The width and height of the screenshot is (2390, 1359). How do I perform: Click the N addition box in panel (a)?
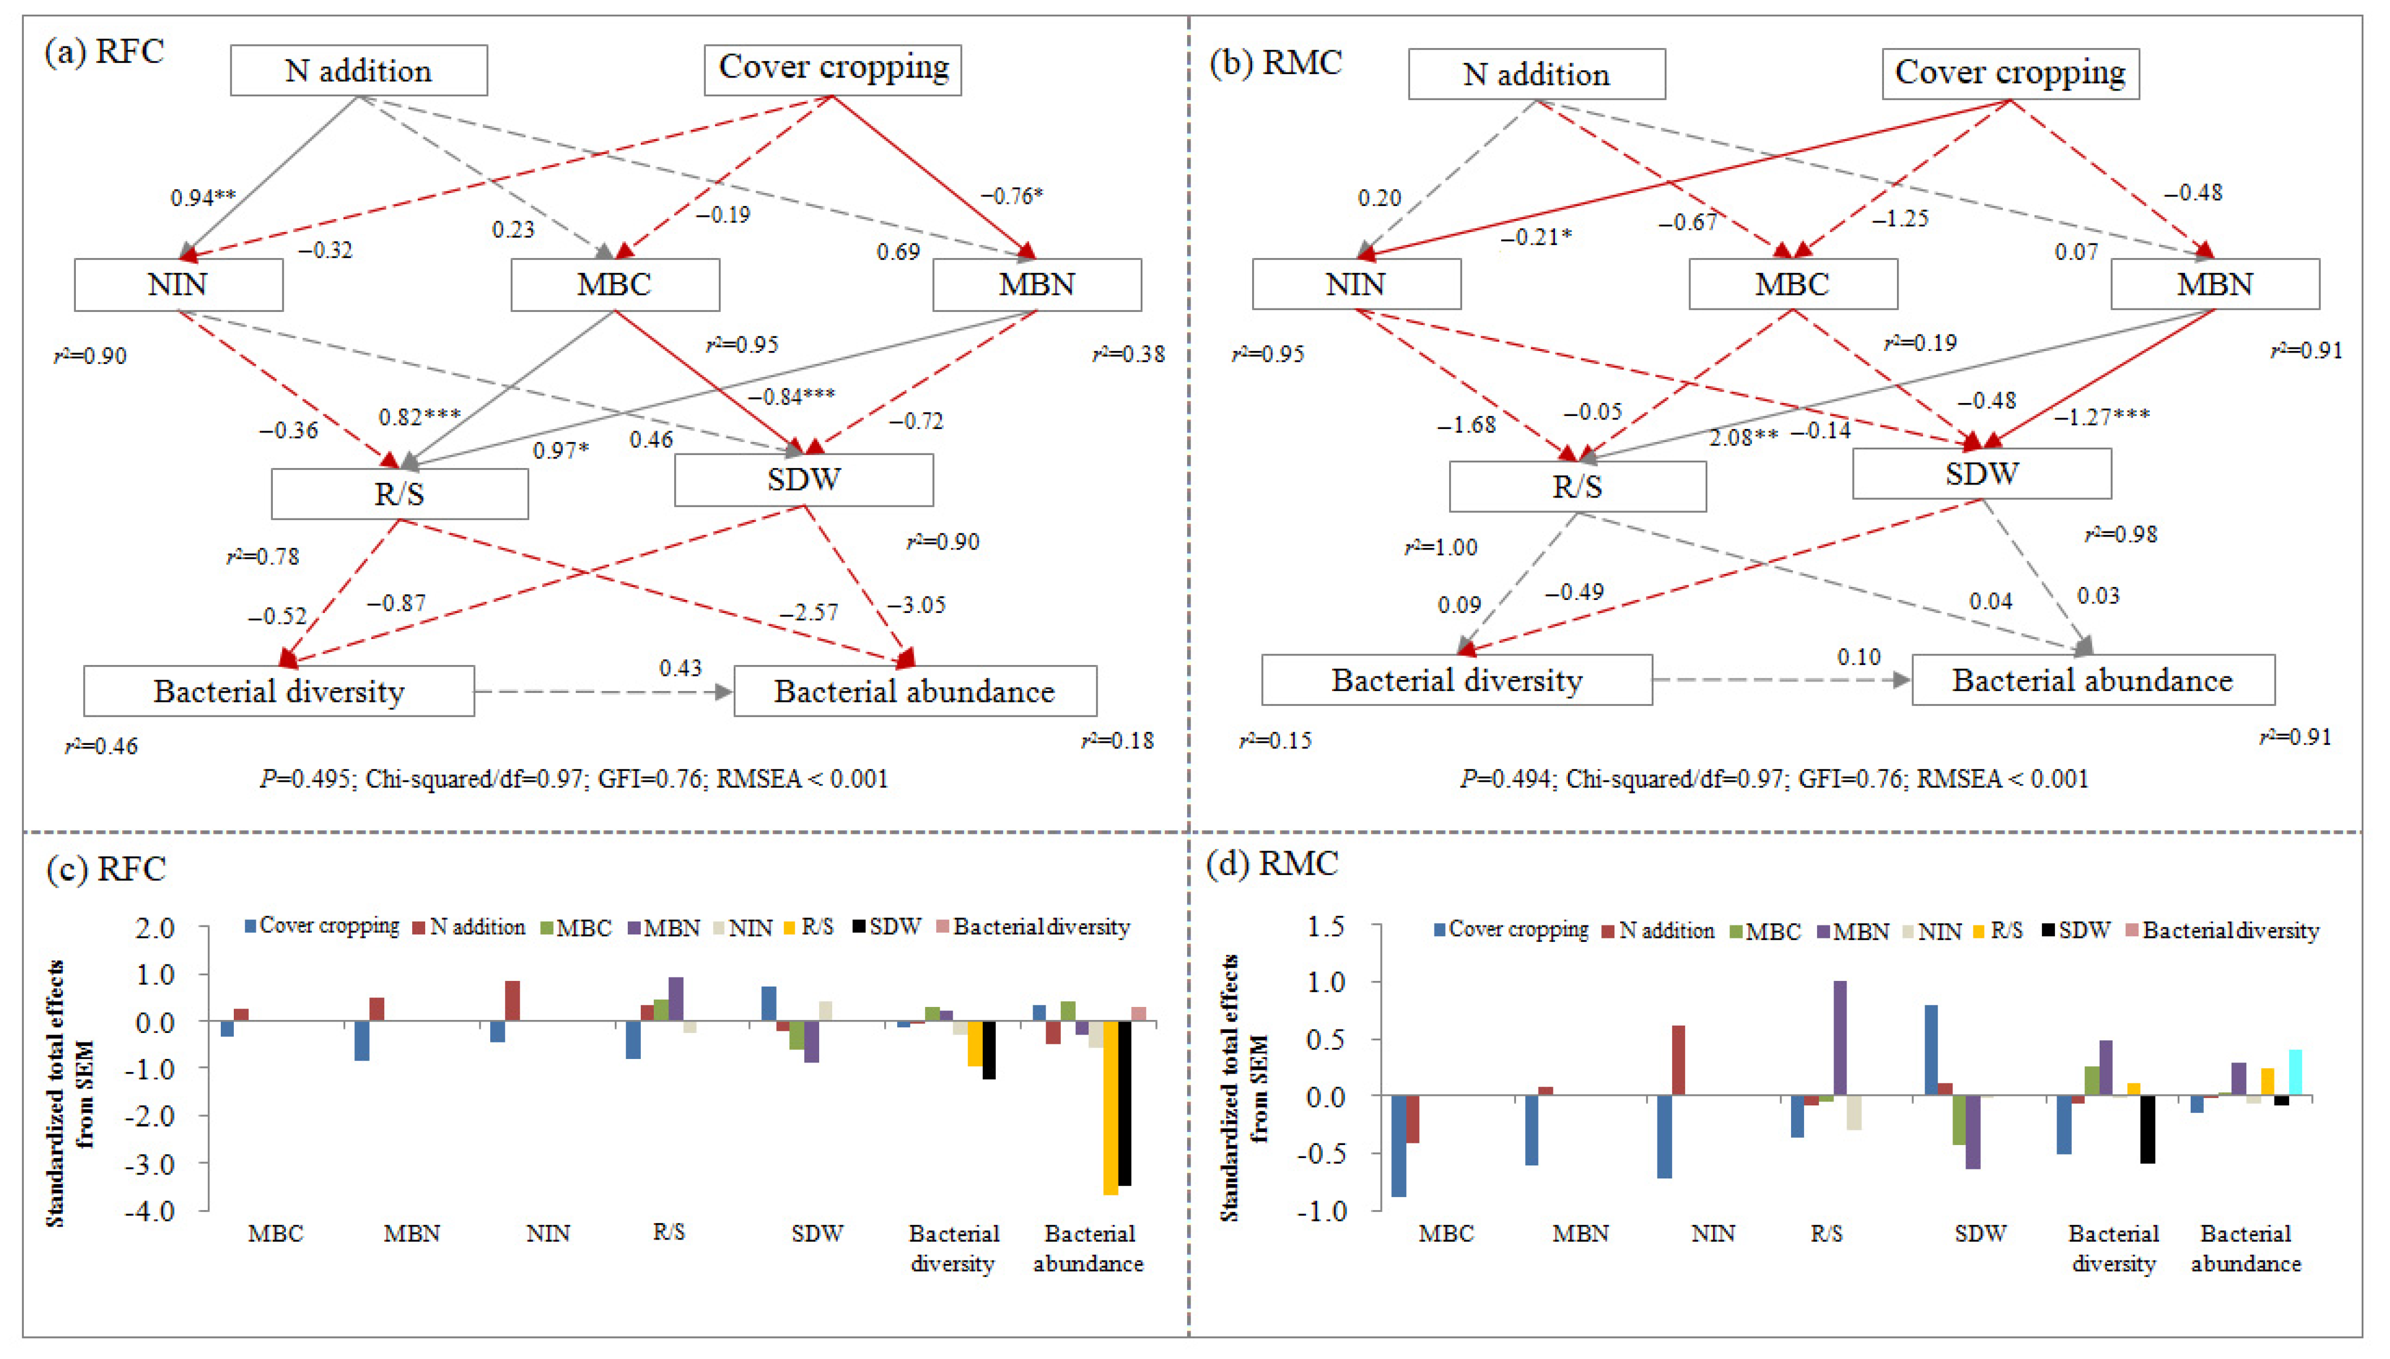pyautogui.click(x=358, y=71)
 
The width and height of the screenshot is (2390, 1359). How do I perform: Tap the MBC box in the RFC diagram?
pyautogui.click(x=614, y=285)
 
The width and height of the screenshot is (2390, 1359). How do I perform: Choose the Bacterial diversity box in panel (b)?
pyautogui.click(x=1456, y=680)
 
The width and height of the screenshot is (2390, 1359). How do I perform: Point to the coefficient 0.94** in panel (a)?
pyautogui.click(x=203, y=198)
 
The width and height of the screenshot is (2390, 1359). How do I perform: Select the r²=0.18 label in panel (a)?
pyautogui.click(x=1117, y=741)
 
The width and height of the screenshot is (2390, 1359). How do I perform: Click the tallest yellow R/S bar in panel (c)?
pyautogui.click(x=1110, y=1108)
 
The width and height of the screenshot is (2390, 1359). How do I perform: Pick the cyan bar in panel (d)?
pyautogui.click(x=2295, y=1071)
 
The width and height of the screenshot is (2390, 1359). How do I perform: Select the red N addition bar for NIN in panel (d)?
pyautogui.click(x=1678, y=1060)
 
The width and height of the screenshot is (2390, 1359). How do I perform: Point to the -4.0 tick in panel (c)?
pyautogui.click(x=155, y=1211)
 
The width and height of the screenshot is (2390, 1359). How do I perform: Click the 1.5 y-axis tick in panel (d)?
pyautogui.click(x=1326, y=927)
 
